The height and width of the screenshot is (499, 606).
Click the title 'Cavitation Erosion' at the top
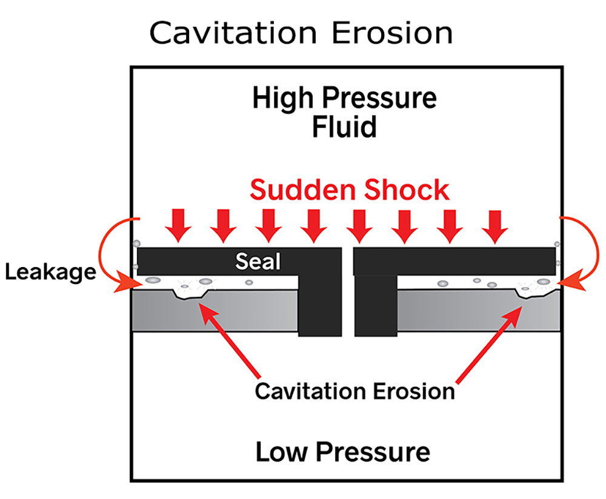[x=301, y=33]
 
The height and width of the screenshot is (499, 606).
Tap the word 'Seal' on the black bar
[x=258, y=261]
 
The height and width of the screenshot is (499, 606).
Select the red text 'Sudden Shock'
[x=350, y=190]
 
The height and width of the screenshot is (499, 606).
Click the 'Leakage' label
[x=51, y=272]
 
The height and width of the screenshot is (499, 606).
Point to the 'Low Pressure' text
[x=342, y=452]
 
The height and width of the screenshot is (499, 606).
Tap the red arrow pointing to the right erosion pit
[x=488, y=342]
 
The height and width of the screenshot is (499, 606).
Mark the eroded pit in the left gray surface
[x=191, y=293]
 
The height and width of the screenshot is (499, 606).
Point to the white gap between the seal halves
[x=346, y=291]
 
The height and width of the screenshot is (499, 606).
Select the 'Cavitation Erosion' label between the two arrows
[x=355, y=391]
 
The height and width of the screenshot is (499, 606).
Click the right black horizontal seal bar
[x=454, y=261]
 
